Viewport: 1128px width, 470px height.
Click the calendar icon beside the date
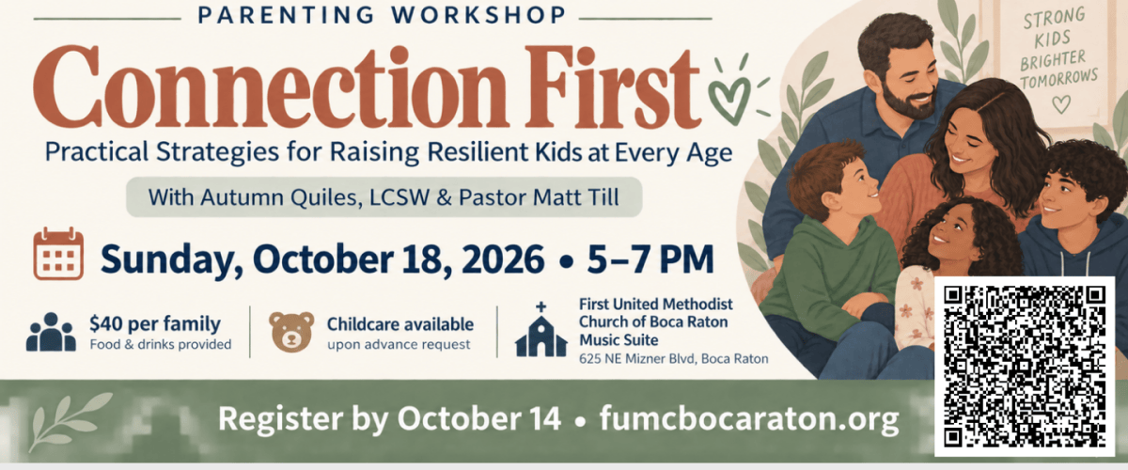coord(58,254)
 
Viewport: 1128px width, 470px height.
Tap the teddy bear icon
coord(291,331)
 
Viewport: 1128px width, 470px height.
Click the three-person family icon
coord(51,332)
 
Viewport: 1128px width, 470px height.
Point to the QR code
coord(1025,367)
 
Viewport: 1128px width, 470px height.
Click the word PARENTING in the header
coord(286,15)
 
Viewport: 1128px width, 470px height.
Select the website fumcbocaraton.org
coord(749,419)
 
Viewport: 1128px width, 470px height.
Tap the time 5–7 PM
coord(650,258)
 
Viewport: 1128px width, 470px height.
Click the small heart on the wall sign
coord(1061,104)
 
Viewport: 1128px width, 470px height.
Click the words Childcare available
coord(400,324)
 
